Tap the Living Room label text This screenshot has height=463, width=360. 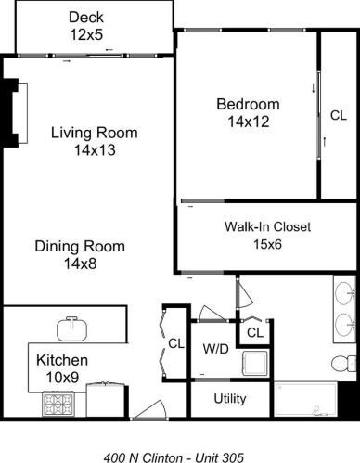(94, 141)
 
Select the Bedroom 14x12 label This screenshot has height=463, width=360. (247, 112)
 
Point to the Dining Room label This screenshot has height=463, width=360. (80, 254)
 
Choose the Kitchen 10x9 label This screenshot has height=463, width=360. (62, 367)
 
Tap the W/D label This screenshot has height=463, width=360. (216, 350)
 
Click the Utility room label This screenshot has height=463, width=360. (230, 398)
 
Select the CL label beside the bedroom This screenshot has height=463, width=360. (338, 115)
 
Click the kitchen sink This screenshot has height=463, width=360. (72, 328)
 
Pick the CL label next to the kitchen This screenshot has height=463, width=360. (176, 342)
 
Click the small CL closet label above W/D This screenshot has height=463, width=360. (255, 331)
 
